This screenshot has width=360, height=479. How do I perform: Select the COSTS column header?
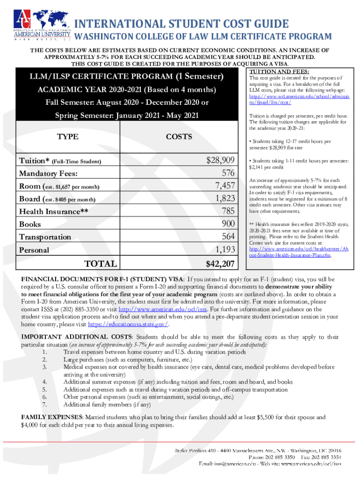coord(179,137)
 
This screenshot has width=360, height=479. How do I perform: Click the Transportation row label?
coord(45,237)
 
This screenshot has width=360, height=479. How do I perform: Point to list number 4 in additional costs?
coord(44,382)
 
